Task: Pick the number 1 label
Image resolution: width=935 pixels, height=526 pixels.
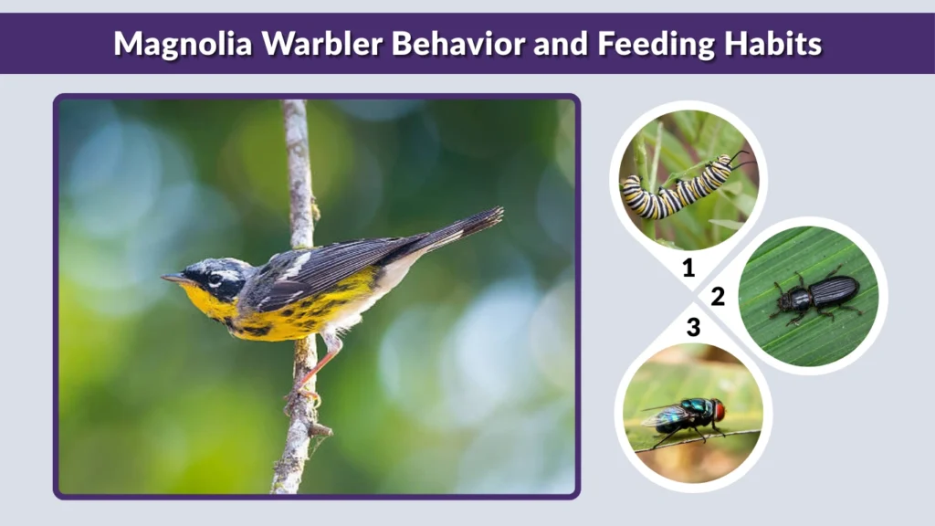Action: pyautogui.click(x=689, y=268)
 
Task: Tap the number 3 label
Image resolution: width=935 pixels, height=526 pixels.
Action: pyautogui.click(x=693, y=327)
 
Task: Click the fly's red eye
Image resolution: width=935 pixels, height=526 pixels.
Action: pyautogui.click(x=719, y=410)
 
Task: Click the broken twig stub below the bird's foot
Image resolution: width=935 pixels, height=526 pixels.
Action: pyautogui.click(x=320, y=428)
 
